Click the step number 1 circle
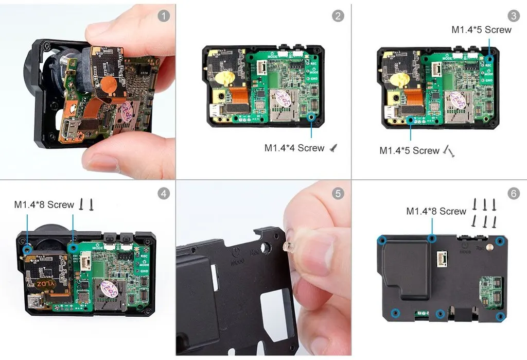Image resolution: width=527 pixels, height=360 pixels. pos(163,16)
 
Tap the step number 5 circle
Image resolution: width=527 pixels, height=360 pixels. pos(338,194)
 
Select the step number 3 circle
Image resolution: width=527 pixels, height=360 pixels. pos(513,16)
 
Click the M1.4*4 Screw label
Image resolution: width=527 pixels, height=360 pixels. pos(294,148)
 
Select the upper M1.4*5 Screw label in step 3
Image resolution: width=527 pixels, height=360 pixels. pos(481,29)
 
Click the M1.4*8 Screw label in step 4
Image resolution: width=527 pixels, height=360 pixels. pos(44,204)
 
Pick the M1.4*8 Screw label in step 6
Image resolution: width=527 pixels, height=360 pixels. pos(436,211)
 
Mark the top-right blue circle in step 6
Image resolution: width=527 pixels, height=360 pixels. pos(499,241)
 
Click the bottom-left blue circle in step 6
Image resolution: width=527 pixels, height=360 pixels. pos(395,312)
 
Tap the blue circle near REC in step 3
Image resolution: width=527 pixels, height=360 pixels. pos(489,59)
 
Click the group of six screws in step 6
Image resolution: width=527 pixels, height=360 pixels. pos(484,213)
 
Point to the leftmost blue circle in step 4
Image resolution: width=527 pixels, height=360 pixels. pos(28,249)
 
